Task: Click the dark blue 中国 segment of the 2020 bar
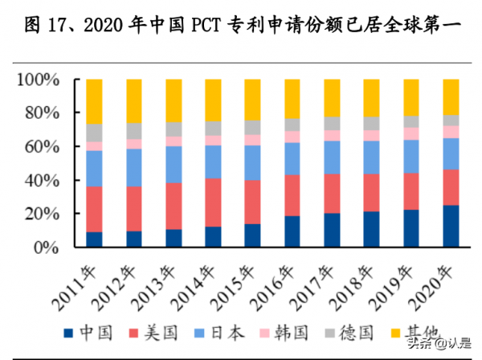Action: tap(451, 227)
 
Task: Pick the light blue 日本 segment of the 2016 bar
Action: tap(292, 158)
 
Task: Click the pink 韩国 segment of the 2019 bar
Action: tap(411, 133)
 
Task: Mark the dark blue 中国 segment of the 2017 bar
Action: tap(332, 231)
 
